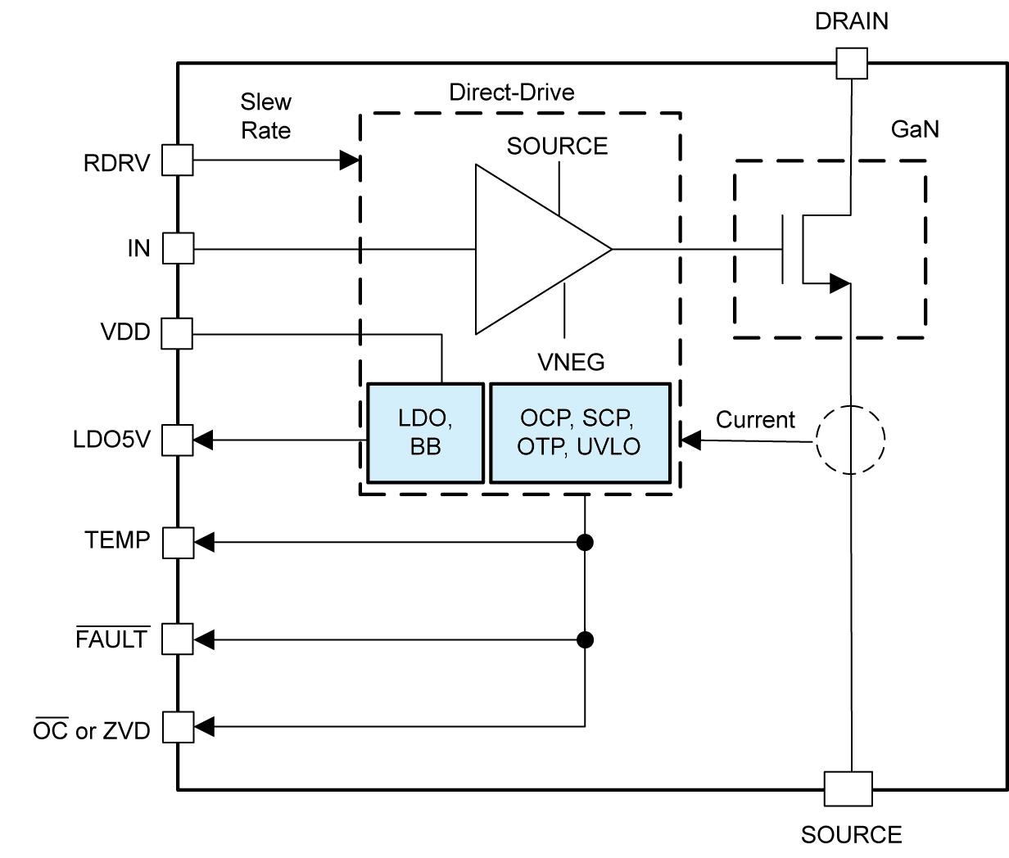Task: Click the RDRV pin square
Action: click(x=177, y=160)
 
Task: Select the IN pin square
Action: click(x=178, y=248)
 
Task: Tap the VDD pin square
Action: click(x=177, y=333)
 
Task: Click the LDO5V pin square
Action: click(x=177, y=440)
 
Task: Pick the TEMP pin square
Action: click(x=178, y=542)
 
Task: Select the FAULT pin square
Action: click(x=177, y=639)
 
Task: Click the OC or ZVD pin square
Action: click(x=178, y=726)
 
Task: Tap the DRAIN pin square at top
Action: click(x=851, y=63)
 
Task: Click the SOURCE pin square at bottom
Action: click(x=848, y=788)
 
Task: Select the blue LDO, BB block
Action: click(x=425, y=433)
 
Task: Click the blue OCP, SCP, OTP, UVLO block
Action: click(x=579, y=433)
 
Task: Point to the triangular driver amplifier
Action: click(x=532, y=249)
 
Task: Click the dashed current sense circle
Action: click(x=851, y=440)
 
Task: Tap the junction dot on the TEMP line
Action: click(x=585, y=542)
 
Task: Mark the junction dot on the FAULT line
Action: click(x=585, y=639)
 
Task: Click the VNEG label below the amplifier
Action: click(x=571, y=361)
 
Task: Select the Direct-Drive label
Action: click(x=511, y=93)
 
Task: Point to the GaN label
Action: click(x=914, y=129)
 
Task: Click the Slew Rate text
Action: click(x=265, y=116)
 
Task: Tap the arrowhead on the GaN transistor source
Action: click(x=839, y=283)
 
